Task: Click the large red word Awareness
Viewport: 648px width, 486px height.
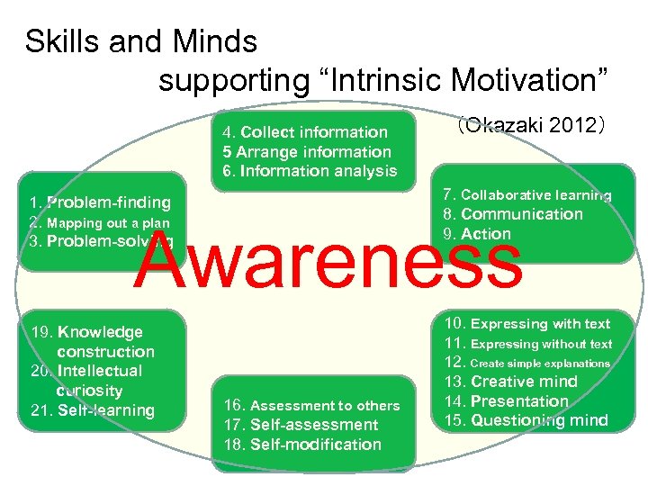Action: [x=328, y=259]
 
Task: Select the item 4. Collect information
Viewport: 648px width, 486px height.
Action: [x=305, y=132]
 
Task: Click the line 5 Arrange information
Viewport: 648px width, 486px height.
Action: [x=307, y=152]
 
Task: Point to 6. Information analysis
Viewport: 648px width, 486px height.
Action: [x=310, y=171]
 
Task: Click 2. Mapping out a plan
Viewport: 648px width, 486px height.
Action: [x=99, y=222]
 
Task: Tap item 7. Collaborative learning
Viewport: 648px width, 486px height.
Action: [x=526, y=194]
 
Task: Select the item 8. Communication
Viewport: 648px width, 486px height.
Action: [x=512, y=214]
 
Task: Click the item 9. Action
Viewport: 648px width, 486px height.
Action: [x=476, y=234]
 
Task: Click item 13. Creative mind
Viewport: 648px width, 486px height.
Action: [x=509, y=382]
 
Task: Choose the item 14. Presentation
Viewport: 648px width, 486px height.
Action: [x=506, y=401]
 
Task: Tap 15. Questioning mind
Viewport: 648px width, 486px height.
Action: [x=526, y=420]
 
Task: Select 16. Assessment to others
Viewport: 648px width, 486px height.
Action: [x=311, y=405]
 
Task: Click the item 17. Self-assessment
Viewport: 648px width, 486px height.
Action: [x=301, y=425]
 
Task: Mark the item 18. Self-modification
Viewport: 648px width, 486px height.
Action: [x=303, y=445]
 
